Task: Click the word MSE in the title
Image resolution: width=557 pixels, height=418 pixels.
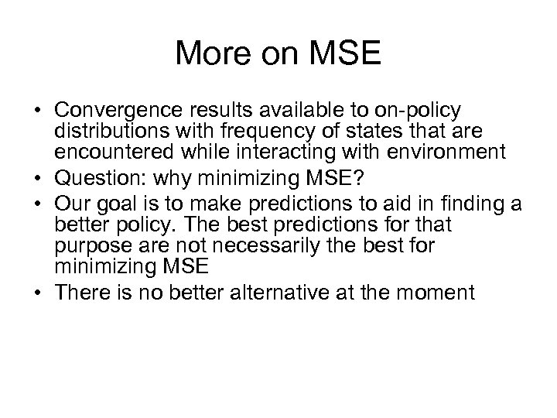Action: pyautogui.click(x=345, y=53)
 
